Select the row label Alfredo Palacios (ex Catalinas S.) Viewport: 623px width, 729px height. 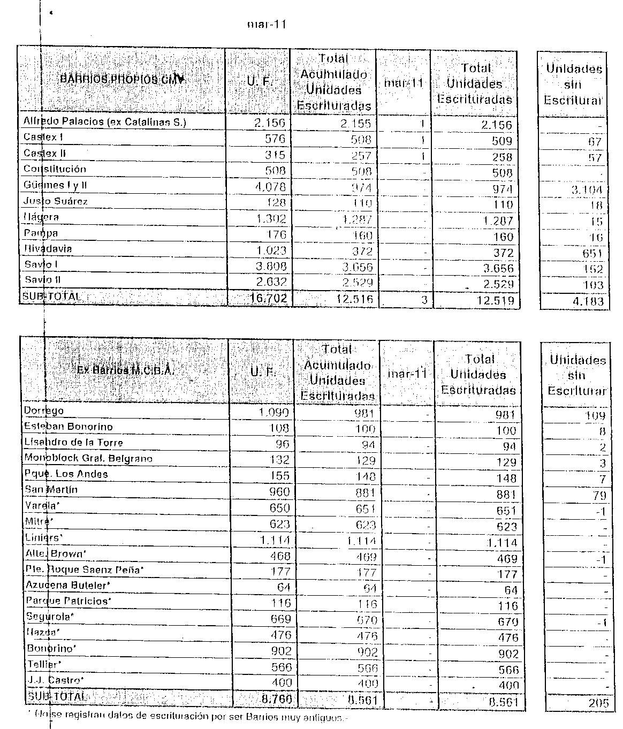104,122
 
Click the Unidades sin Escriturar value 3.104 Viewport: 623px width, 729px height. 588,189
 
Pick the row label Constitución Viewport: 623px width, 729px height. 55,169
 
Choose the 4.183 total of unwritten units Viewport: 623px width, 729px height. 588,301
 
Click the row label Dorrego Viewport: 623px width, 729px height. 44,411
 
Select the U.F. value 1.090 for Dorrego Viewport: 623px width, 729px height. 273,413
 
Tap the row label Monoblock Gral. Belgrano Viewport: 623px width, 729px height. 88,458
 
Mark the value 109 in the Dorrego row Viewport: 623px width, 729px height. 594,416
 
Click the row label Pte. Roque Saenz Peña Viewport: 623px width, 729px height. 85,570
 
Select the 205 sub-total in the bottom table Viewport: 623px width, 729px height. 597,703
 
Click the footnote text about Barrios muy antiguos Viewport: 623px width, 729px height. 187,716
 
